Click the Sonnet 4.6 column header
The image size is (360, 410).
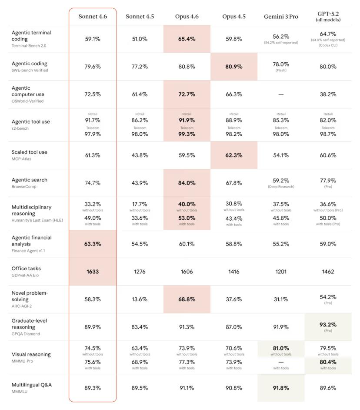click(93, 17)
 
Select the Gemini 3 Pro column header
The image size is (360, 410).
click(281, 17)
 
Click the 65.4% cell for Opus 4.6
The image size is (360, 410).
click(187, 39)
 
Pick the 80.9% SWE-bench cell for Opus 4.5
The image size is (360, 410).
click(234, 67)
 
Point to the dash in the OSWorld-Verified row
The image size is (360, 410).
click(281, 94)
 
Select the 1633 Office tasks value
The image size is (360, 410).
click(93, 272)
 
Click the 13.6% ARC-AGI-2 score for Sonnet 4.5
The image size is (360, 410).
click(140, 299)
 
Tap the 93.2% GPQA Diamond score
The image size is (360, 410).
click(328, 325)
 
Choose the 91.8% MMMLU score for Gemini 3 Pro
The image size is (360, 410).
click(281, 388)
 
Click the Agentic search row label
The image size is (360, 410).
click(30, 180)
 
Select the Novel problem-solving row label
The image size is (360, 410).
click(30, 296)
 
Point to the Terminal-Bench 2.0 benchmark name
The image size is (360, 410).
click(29, 46)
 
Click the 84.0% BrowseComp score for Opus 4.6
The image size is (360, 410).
click(187, 183)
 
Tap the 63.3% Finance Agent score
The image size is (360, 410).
click(93, 244)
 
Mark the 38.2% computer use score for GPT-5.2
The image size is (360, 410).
click(328, 94)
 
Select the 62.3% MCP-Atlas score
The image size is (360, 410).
click(234, 155)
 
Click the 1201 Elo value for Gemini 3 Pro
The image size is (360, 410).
click(281, 272)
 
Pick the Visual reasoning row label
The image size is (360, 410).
click(31, 354)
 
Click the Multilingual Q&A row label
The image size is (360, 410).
click(31, 385)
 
